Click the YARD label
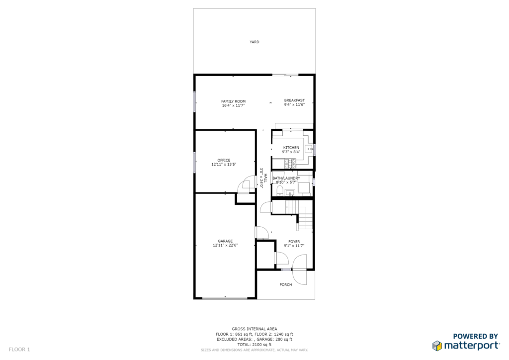254,42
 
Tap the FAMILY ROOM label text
234,101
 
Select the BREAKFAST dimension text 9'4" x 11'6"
294,104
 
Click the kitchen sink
309,149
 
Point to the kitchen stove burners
290,164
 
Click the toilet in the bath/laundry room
280,191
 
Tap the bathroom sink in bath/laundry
290,193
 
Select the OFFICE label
224,160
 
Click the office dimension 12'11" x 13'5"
224,164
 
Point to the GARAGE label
225,241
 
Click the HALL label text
265,178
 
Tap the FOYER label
294,242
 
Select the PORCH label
286,285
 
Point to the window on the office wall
194,162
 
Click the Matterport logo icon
437,346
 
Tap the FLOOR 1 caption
19,349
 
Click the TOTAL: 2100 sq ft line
254,345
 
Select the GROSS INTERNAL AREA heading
254,329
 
